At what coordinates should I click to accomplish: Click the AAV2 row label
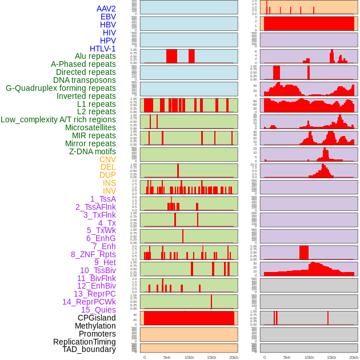[106, 9]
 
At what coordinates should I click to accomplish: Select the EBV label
[108, 17]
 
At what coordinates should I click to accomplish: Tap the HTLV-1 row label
[103, 49]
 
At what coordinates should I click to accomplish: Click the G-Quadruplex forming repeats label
[61, 88]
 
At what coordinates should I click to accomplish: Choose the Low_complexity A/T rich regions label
[58, 119]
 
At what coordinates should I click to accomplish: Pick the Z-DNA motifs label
[92, 151]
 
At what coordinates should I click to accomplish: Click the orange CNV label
[107, 159]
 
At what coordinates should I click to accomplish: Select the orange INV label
[109, 191]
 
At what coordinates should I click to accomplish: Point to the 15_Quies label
[98, 310]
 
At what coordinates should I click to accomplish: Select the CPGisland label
[97, 318]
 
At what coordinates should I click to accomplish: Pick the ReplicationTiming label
[85, 342]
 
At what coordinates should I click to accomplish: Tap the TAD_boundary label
[89, 349]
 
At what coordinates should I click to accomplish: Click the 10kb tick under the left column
[189, 357]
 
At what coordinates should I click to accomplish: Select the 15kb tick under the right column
[331, 357]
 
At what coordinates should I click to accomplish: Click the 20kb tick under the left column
[233, 357]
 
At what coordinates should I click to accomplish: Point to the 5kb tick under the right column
[287, 357]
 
